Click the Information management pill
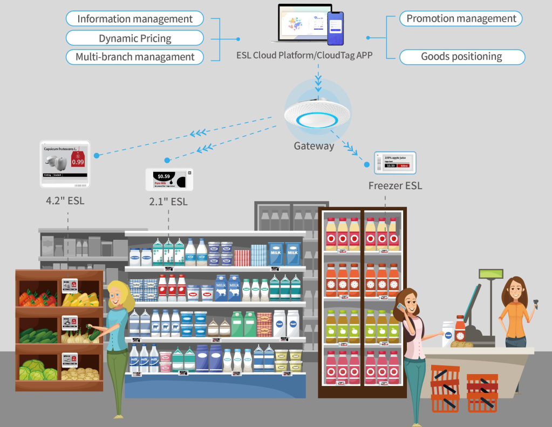tap(135, 19)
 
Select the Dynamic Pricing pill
tap(135, 38)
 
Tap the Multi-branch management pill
tap(135, 57)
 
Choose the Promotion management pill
tap(461, 18)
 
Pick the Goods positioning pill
tap(461, 56)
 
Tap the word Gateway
tap(314, 146)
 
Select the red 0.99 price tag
tap(78, 160)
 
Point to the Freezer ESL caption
tap(395, 186)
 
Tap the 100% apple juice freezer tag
tap(396, 163)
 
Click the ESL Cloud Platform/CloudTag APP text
tap(304, 55)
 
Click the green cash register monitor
tap(491, 274)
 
